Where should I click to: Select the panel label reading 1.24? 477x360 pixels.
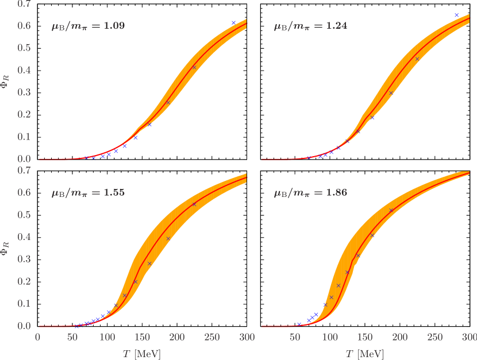coord(310,26)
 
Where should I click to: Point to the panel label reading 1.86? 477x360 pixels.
coord(310,193)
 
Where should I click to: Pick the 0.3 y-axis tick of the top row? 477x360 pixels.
coord(24,92)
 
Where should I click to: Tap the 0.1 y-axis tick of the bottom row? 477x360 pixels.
coord(24,304)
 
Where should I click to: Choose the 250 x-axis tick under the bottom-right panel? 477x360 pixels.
coord(435,337)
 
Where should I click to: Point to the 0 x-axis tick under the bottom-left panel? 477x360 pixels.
coord(38,337)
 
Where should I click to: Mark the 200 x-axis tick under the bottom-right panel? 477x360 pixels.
coord(400,337)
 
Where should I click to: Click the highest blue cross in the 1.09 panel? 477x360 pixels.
coord(233,22)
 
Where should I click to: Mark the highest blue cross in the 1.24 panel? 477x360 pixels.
coord(456,15)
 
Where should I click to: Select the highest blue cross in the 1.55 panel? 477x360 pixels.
coord(194,204)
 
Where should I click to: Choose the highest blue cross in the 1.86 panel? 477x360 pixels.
coord(391,210)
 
